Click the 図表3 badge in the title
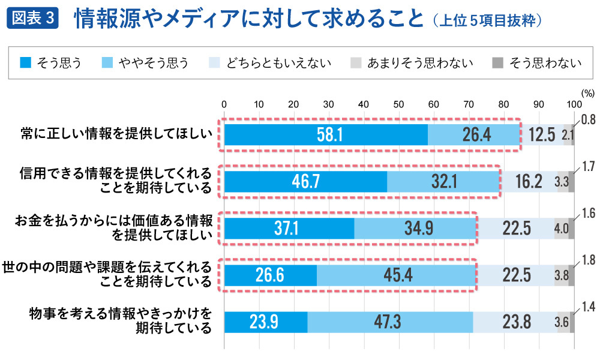(x=34, y=19)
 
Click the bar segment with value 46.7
(x=305, y=181)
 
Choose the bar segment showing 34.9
(x=415, y=228)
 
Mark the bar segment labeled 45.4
(x=396, y=275)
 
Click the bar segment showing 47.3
(x=390, y=322)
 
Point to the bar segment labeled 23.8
(x=515, y=322)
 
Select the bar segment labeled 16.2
(x=528, y=181)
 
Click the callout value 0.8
(x=588, y=120)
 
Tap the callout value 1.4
(x=588, y=307)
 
